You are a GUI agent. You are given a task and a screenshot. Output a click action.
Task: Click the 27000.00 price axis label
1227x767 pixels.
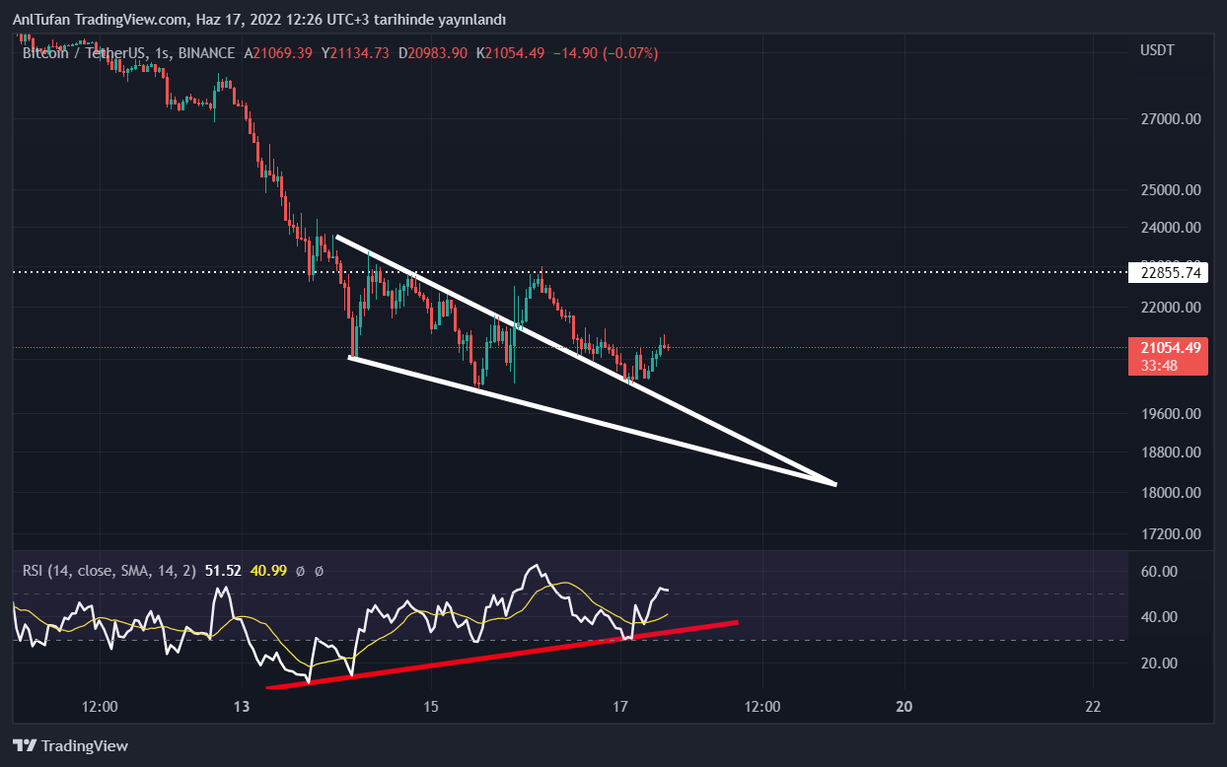[x=1171, y=119]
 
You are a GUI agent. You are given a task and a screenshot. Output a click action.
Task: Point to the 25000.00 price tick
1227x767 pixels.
[x=1171, y=189]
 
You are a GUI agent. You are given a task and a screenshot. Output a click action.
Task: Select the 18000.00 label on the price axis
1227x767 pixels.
[x=1171, y=493]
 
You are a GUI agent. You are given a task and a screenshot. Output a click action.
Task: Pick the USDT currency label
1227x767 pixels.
[x=1157, y=50]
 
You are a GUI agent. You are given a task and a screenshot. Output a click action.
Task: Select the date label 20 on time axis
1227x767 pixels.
[x=904, y=707]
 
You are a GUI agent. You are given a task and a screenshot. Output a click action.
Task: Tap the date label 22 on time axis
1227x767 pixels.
[x=1092, y=707]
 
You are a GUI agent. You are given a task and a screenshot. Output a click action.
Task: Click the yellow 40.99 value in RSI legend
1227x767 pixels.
[x=265, y=570]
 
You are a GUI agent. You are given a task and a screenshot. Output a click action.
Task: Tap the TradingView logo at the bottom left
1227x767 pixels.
[x=71, y=746]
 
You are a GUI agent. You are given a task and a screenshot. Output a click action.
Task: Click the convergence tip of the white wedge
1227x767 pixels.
[x=835, y=484]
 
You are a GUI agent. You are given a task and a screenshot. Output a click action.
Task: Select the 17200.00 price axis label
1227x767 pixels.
[x=1171, y=534]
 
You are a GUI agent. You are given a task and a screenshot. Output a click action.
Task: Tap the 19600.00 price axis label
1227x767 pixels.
[x=1171, y=414]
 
